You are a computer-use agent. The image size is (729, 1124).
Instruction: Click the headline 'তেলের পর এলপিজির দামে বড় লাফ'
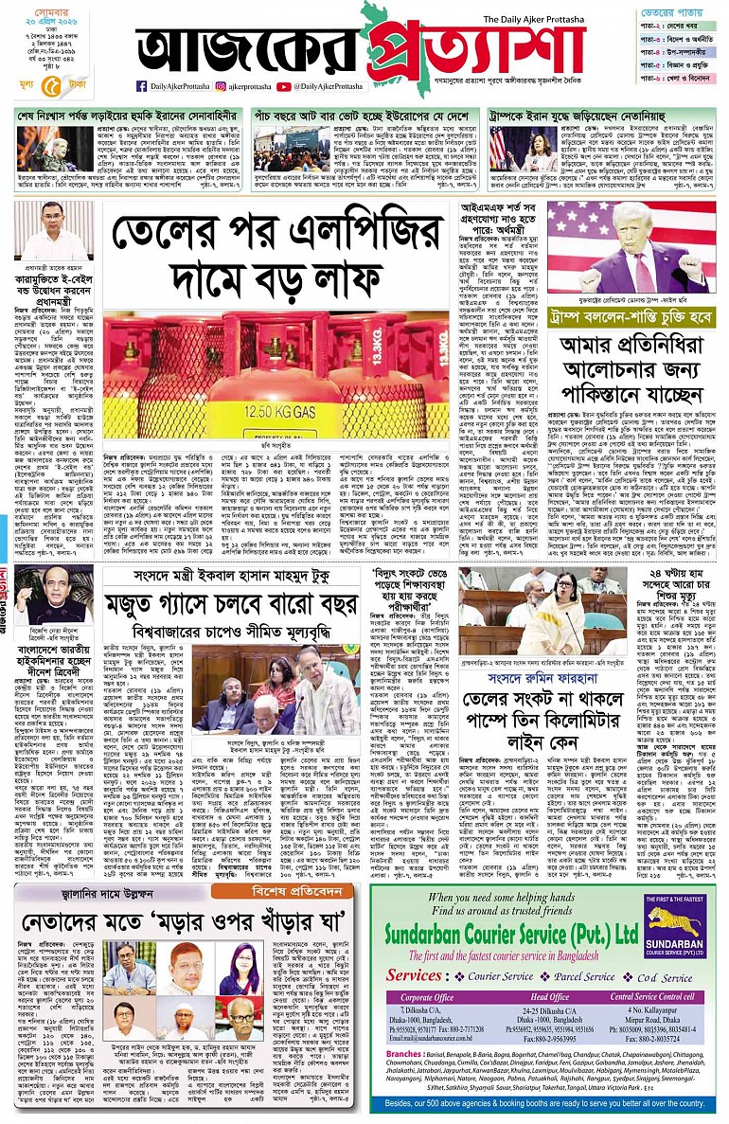(277, 256)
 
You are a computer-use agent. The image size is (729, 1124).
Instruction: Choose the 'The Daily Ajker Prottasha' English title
(560, 19)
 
